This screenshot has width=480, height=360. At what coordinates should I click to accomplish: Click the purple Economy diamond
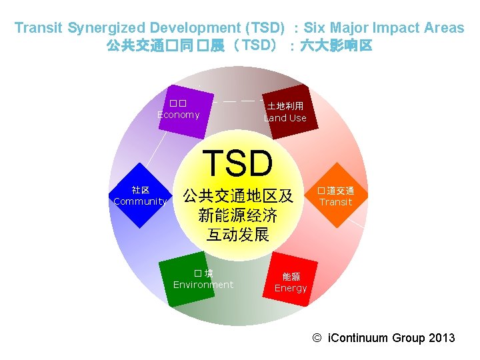click(x=177, y=110)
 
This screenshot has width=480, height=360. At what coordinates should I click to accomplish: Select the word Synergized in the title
click(x=107, y=28)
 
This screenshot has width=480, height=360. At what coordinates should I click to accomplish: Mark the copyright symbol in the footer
click(x=317, y=338)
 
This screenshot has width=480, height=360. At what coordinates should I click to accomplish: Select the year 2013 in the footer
click(x=441, y=338)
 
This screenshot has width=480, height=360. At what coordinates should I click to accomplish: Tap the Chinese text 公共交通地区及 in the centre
click(x=238, y=196)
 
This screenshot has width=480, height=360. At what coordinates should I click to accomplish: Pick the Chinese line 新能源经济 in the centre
click(x=238, y=215)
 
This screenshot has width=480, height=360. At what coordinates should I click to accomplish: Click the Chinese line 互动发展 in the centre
click(x=238, y=235)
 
